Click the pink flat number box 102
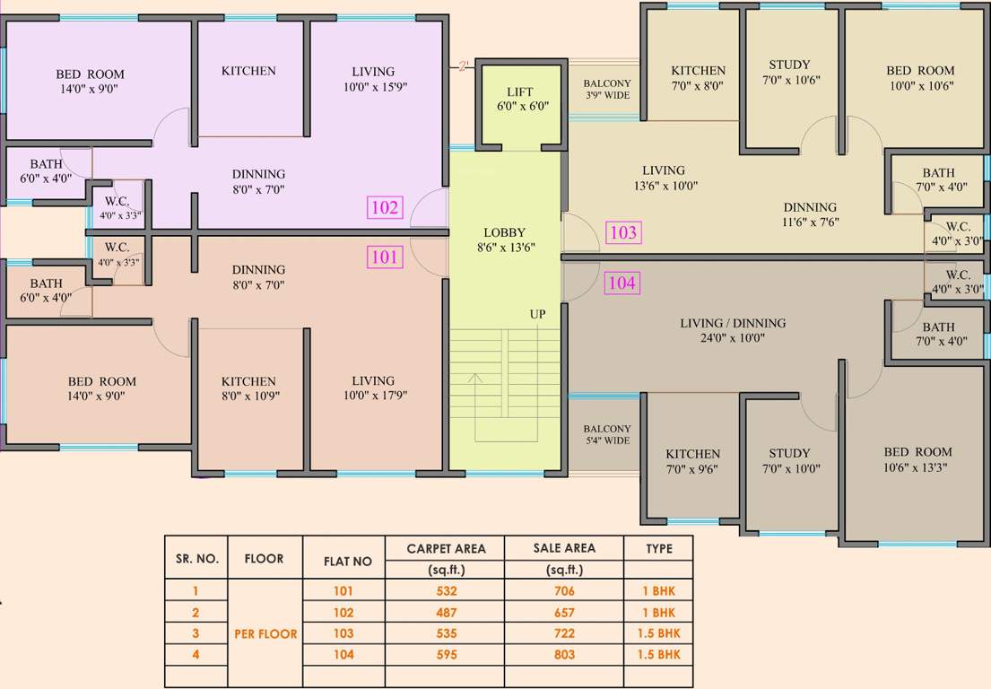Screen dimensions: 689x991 coord(385,208)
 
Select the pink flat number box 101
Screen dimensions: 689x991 coord(385,257)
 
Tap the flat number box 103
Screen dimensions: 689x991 coord(622,233)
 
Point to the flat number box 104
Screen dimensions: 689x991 coord(622,283)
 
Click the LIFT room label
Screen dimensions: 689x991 coord(520,99)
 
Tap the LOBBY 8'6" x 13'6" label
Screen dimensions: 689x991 coord(504,240)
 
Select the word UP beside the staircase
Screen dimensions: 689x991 coord(537,314)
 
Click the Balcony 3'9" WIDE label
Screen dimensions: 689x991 coord(607,89)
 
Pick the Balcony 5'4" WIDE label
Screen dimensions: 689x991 coord(607,435)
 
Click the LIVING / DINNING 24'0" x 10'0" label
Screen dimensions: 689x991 coord(733,331)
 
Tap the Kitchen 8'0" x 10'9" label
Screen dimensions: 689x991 coord(248,388)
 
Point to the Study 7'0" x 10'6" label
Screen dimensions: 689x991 coord(789,72)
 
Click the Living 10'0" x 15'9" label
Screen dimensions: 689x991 coord(373,79)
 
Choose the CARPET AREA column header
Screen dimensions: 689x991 coord(446,548)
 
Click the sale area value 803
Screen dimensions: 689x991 coord(564,655)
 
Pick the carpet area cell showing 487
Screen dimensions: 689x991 coord(446,613)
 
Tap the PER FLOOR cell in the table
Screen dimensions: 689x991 coord(265,633)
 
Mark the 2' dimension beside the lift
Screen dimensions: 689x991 coord(464,65)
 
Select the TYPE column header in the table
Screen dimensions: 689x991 coord(658,548)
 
